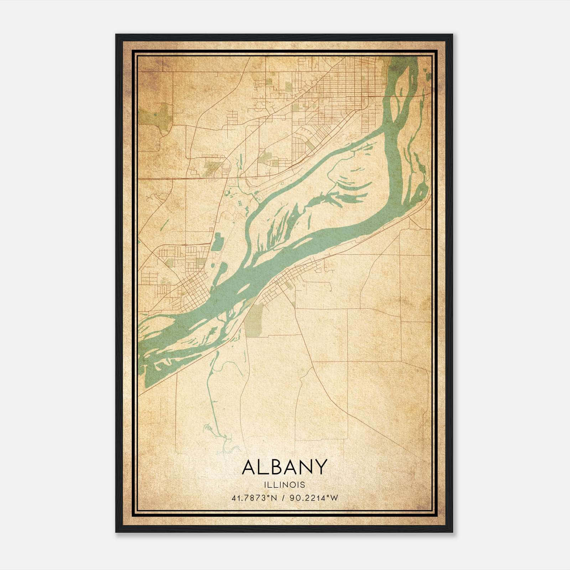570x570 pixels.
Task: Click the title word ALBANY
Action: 284,467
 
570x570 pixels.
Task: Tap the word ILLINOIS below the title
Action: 284,485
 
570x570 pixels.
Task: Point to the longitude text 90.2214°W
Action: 314,498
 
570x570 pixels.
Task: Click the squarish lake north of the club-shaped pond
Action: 218,242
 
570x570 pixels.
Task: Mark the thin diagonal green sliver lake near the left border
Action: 165,224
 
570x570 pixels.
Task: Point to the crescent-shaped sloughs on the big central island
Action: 353,185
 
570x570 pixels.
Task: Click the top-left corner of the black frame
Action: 116,35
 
